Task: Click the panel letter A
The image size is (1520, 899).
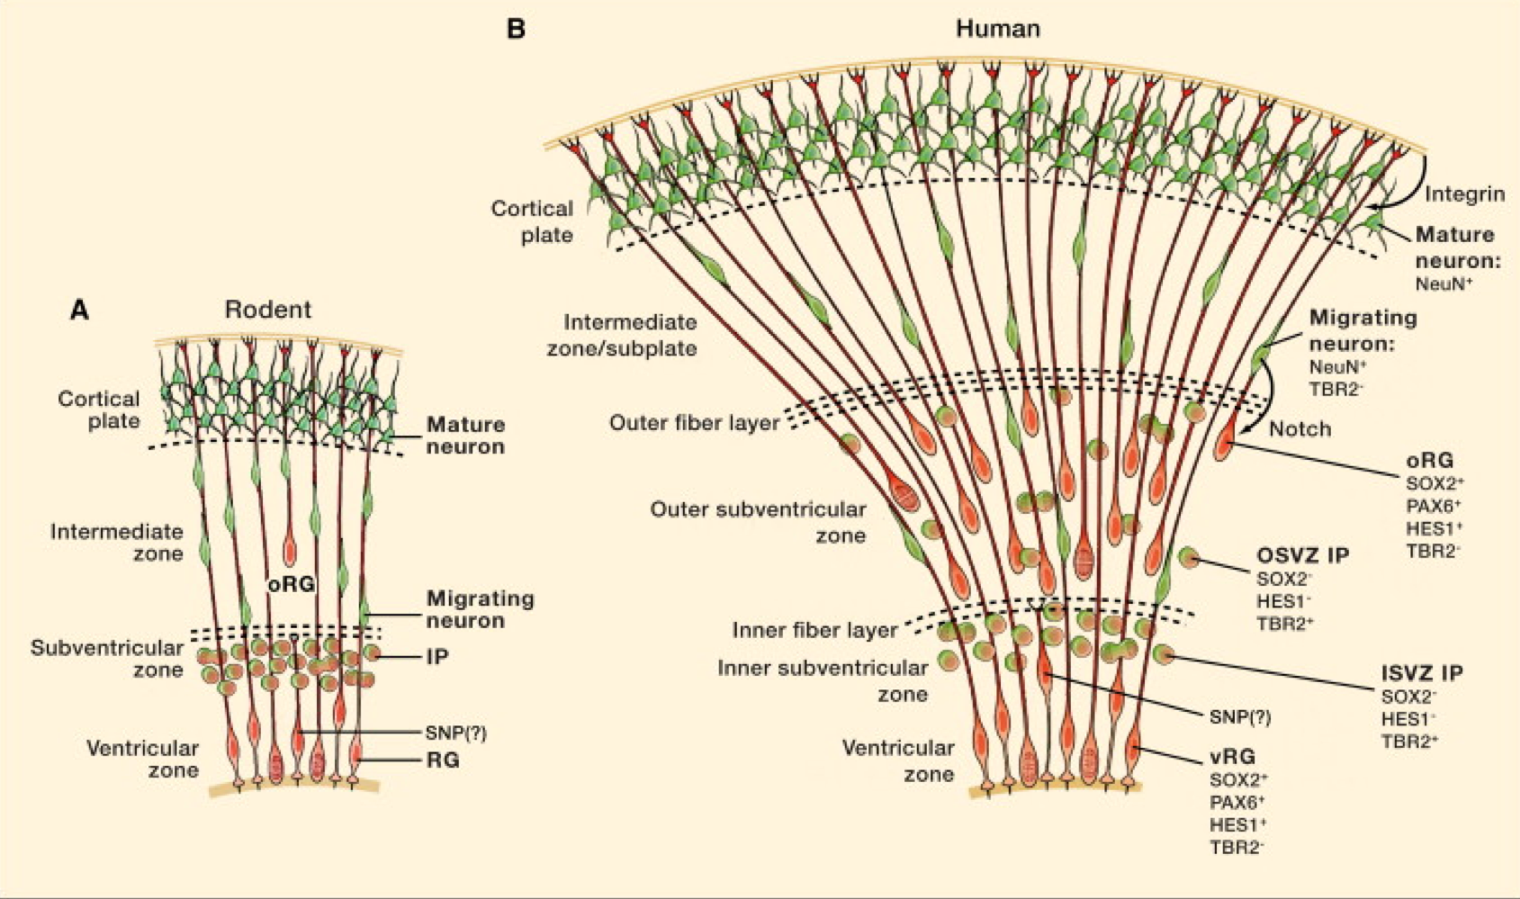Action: pos(80,310)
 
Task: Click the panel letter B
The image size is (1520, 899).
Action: pos(516,29)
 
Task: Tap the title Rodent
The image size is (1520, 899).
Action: pos(268,310)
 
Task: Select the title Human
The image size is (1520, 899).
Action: pos(997,29)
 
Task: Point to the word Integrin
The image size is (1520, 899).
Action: pos(1465,194)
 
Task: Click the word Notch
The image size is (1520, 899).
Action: pos(1300,429)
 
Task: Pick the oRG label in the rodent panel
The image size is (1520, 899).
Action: pos(292,584)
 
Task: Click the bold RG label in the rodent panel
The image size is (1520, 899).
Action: pos(443,760)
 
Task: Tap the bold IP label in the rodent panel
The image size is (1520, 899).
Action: pos(437,658)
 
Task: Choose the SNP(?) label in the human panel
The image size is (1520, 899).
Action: pos(1240,717)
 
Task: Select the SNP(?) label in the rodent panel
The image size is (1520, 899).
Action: pos(455,733)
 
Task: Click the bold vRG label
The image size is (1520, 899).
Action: pos(1232,757)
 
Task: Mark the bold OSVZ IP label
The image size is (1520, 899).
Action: pos(1302,555)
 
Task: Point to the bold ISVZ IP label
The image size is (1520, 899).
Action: pos(1422,673)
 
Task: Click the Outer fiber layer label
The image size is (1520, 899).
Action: pos(694,423)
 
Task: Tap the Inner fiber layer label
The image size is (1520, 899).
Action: pos(814,630)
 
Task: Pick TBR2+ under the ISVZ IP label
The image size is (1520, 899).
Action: pos(1409,742)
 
